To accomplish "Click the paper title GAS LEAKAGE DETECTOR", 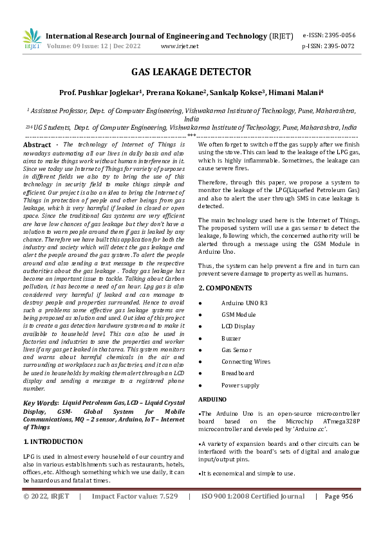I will pos(191,72).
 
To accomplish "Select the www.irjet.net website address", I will pos(180,46).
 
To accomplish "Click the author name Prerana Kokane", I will pos(171,93).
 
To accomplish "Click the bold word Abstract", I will pos(36,146).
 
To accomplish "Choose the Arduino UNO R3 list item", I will pos(243,302).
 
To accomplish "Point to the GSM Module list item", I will pos(238,314).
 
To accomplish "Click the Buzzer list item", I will pos(231,338).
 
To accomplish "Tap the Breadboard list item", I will pos(237,373).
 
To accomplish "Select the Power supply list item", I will pos(240,386).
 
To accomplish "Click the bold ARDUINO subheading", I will pos(212,399).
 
